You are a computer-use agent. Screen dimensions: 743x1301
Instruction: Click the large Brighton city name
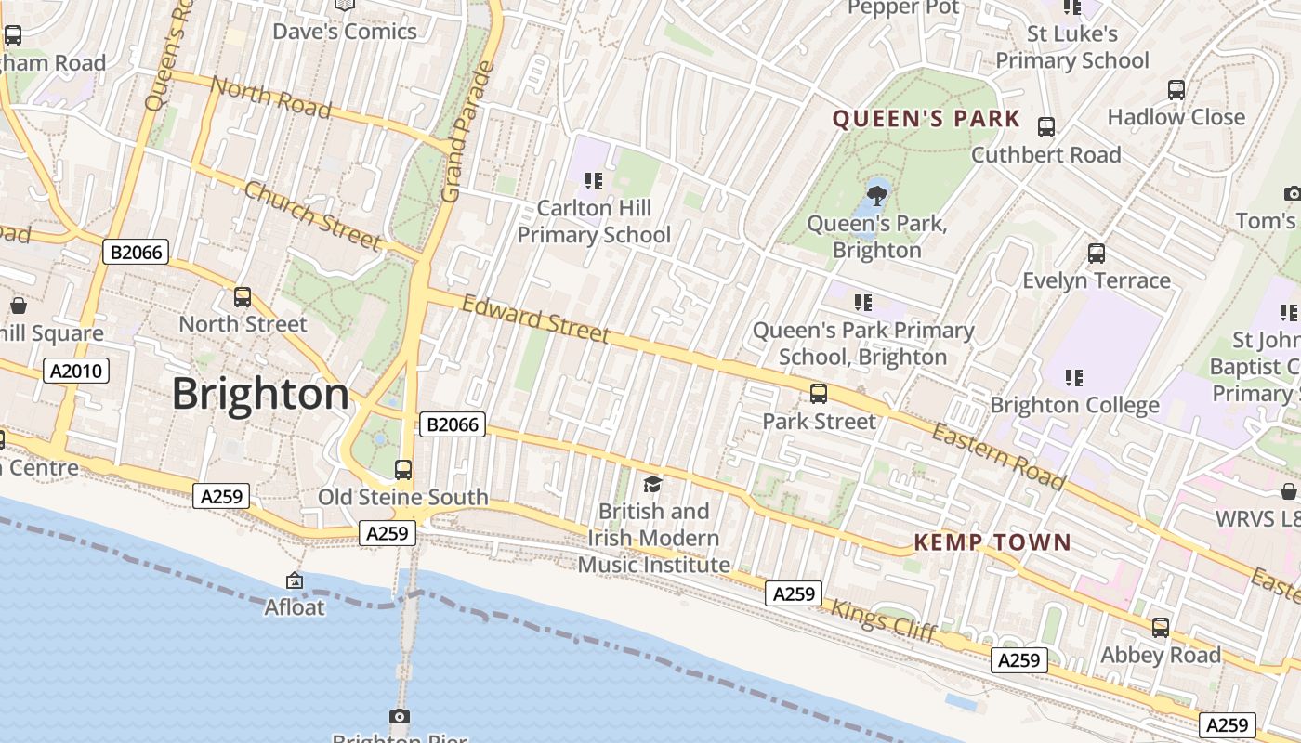(260, 395)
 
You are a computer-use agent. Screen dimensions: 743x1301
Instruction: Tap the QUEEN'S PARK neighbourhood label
(926, 119)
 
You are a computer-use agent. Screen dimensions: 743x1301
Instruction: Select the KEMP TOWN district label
(992, 542)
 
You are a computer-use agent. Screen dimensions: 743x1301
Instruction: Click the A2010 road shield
(76, 371)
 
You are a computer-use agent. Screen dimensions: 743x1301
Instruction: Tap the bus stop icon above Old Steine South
(403, 470)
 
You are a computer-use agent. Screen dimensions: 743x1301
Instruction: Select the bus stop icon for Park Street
(819, 394)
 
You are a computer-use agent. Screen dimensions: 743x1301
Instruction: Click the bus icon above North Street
(243, 297)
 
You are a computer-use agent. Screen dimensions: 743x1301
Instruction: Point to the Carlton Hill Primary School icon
(594, 180)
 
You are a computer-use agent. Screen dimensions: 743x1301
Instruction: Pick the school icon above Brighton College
(1074, 378)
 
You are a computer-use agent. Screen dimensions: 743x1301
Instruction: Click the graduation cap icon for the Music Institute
(653, 484)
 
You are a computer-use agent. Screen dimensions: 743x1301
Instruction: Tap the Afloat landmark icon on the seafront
(295, 580)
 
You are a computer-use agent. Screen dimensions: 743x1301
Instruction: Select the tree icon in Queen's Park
(876, 195)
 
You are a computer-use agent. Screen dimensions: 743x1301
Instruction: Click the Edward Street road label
(536, 319)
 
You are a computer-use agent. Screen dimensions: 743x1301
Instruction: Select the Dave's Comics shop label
(345, 32)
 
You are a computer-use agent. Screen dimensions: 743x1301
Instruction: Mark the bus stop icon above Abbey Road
(1161, 628)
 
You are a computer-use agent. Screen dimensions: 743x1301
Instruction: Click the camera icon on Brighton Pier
(400, 716)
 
